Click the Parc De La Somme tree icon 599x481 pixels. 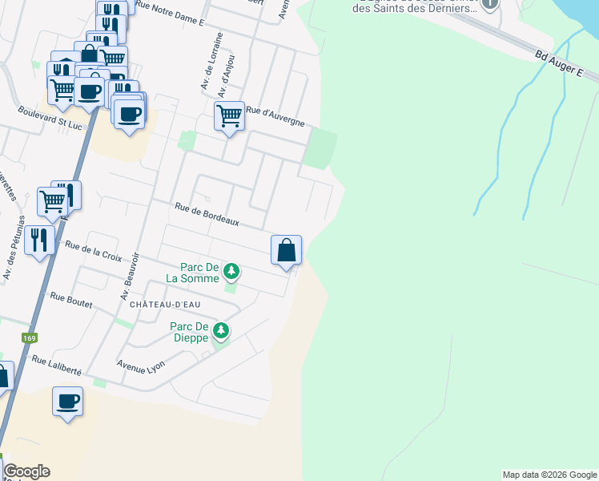point(231,271)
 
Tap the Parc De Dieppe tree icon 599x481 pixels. point(221,329)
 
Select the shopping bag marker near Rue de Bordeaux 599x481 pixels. point(286,251)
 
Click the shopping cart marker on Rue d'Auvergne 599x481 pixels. point(230,116)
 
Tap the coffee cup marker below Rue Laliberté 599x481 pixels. point(68,402)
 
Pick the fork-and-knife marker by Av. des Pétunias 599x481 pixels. point(39,239)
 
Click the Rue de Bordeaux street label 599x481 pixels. point(207,214)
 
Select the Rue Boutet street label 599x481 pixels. point(70,301)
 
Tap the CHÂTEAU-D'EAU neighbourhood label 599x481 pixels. point(160,305)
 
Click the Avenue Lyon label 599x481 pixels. point(140,365)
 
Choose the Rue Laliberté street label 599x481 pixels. point(56,365)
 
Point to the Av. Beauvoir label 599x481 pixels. point(131,276)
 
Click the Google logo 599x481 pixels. point(26,471)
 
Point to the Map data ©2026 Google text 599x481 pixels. point(549,475)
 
